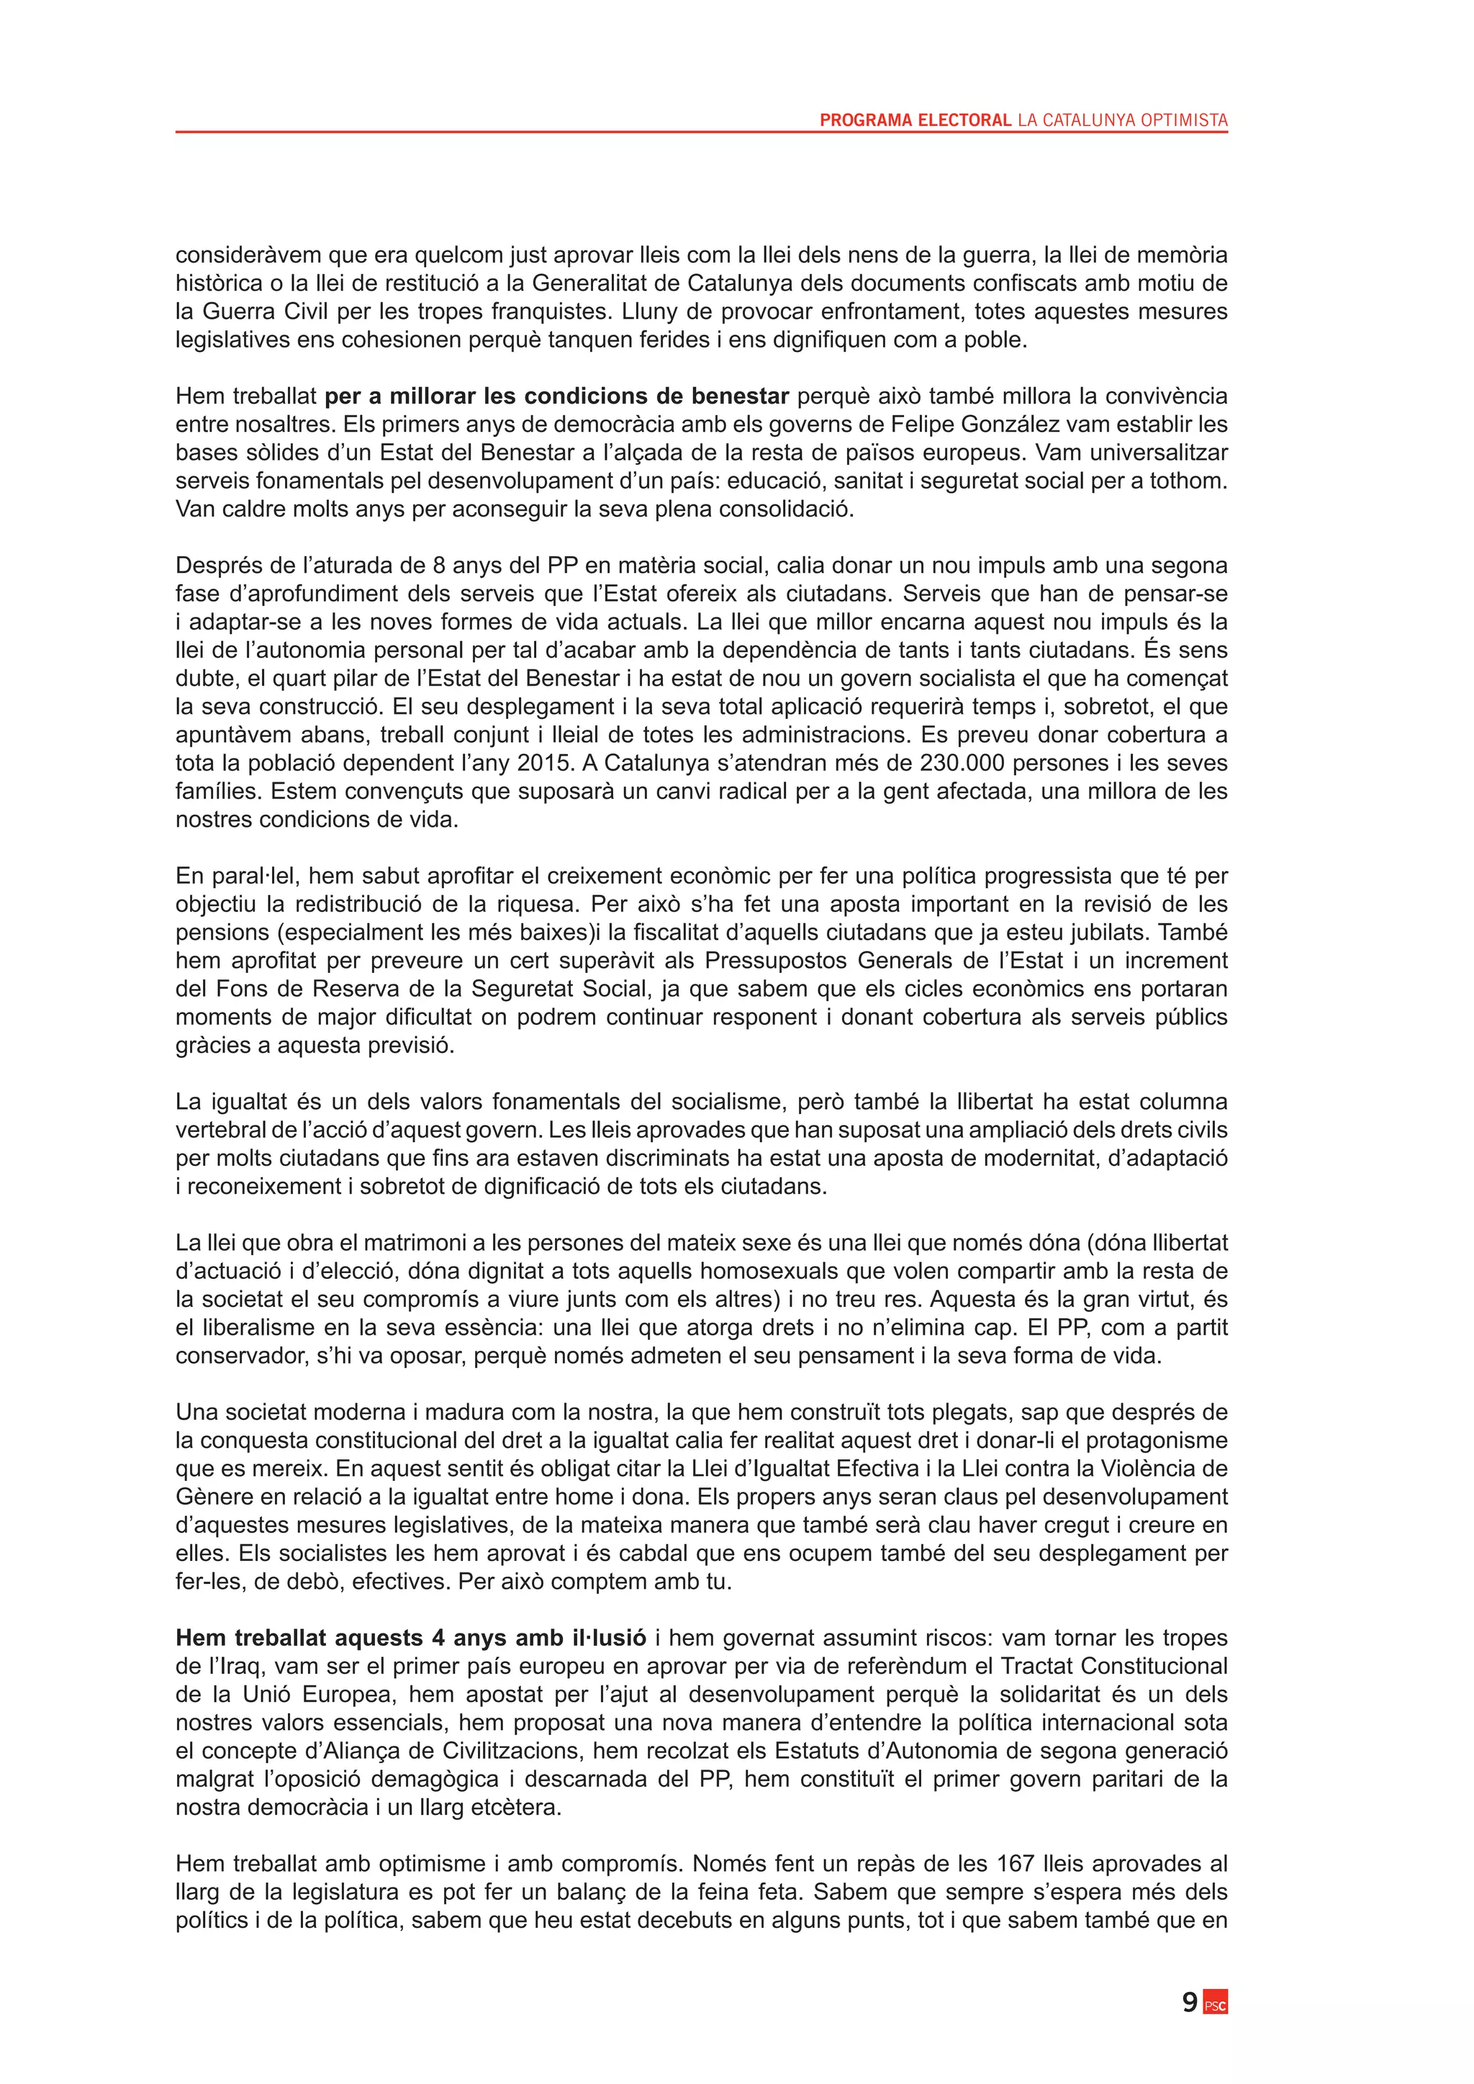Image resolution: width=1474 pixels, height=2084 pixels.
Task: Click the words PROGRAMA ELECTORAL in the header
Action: coord(915,119)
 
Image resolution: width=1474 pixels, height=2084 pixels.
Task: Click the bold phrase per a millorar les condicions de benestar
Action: coord(556,396)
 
